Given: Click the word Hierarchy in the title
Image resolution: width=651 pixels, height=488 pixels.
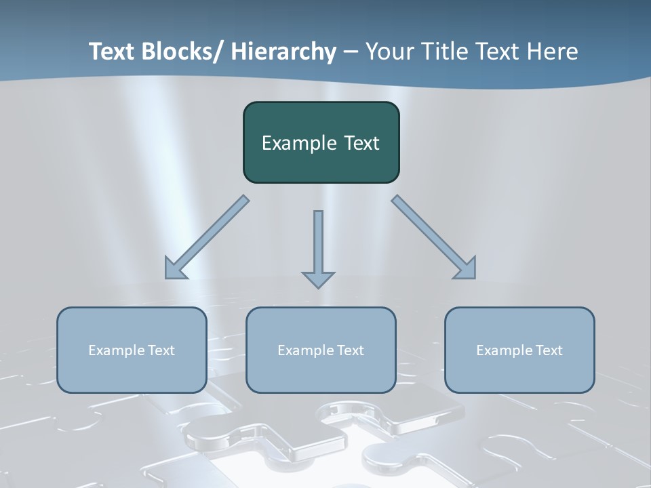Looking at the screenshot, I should (283, 52).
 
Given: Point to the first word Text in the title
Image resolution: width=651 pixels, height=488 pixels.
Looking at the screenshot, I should (113, 52).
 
